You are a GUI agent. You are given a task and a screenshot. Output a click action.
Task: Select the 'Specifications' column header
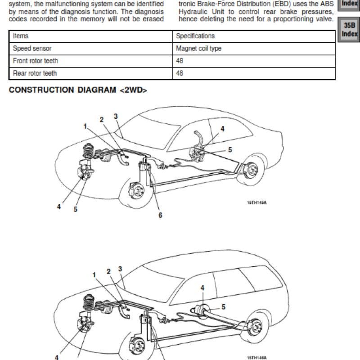tap(195, 36)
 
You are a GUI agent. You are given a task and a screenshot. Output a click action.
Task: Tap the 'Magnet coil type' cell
tap(198, 49)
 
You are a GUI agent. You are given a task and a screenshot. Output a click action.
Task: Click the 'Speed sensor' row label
tap(32, 49)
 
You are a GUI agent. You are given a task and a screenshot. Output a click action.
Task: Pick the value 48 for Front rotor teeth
tap(180, 61)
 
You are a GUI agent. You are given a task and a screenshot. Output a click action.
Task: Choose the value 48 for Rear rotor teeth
tap(180, 73)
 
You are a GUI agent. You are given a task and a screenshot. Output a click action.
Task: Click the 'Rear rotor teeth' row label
tap(35, 73)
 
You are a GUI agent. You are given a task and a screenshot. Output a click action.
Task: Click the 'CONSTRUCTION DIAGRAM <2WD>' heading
tap(78, 90)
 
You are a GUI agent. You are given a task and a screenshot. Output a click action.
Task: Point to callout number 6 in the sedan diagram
tap(160, 215)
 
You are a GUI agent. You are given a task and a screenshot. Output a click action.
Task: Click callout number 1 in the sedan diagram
tap(85, 126)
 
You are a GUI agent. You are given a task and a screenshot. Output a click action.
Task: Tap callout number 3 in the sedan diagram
tap(116, 116)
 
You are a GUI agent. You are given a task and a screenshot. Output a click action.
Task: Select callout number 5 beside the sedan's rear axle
tap(230, 150)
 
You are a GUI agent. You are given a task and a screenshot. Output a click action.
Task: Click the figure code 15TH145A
tap(256, 202)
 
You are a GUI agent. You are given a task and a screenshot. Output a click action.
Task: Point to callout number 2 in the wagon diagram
tap(108, 272)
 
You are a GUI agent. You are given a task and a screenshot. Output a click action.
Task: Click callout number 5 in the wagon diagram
tap(223, 307)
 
